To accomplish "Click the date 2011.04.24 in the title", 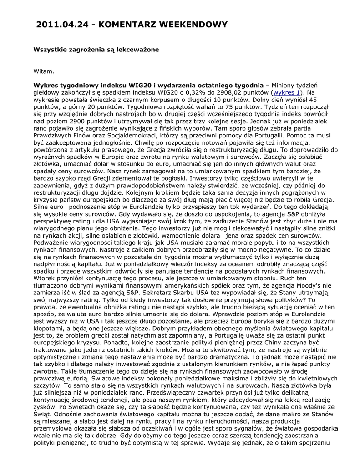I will point(62,25).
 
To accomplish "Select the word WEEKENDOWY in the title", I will point(195,25).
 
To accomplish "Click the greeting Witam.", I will point(44,71).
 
